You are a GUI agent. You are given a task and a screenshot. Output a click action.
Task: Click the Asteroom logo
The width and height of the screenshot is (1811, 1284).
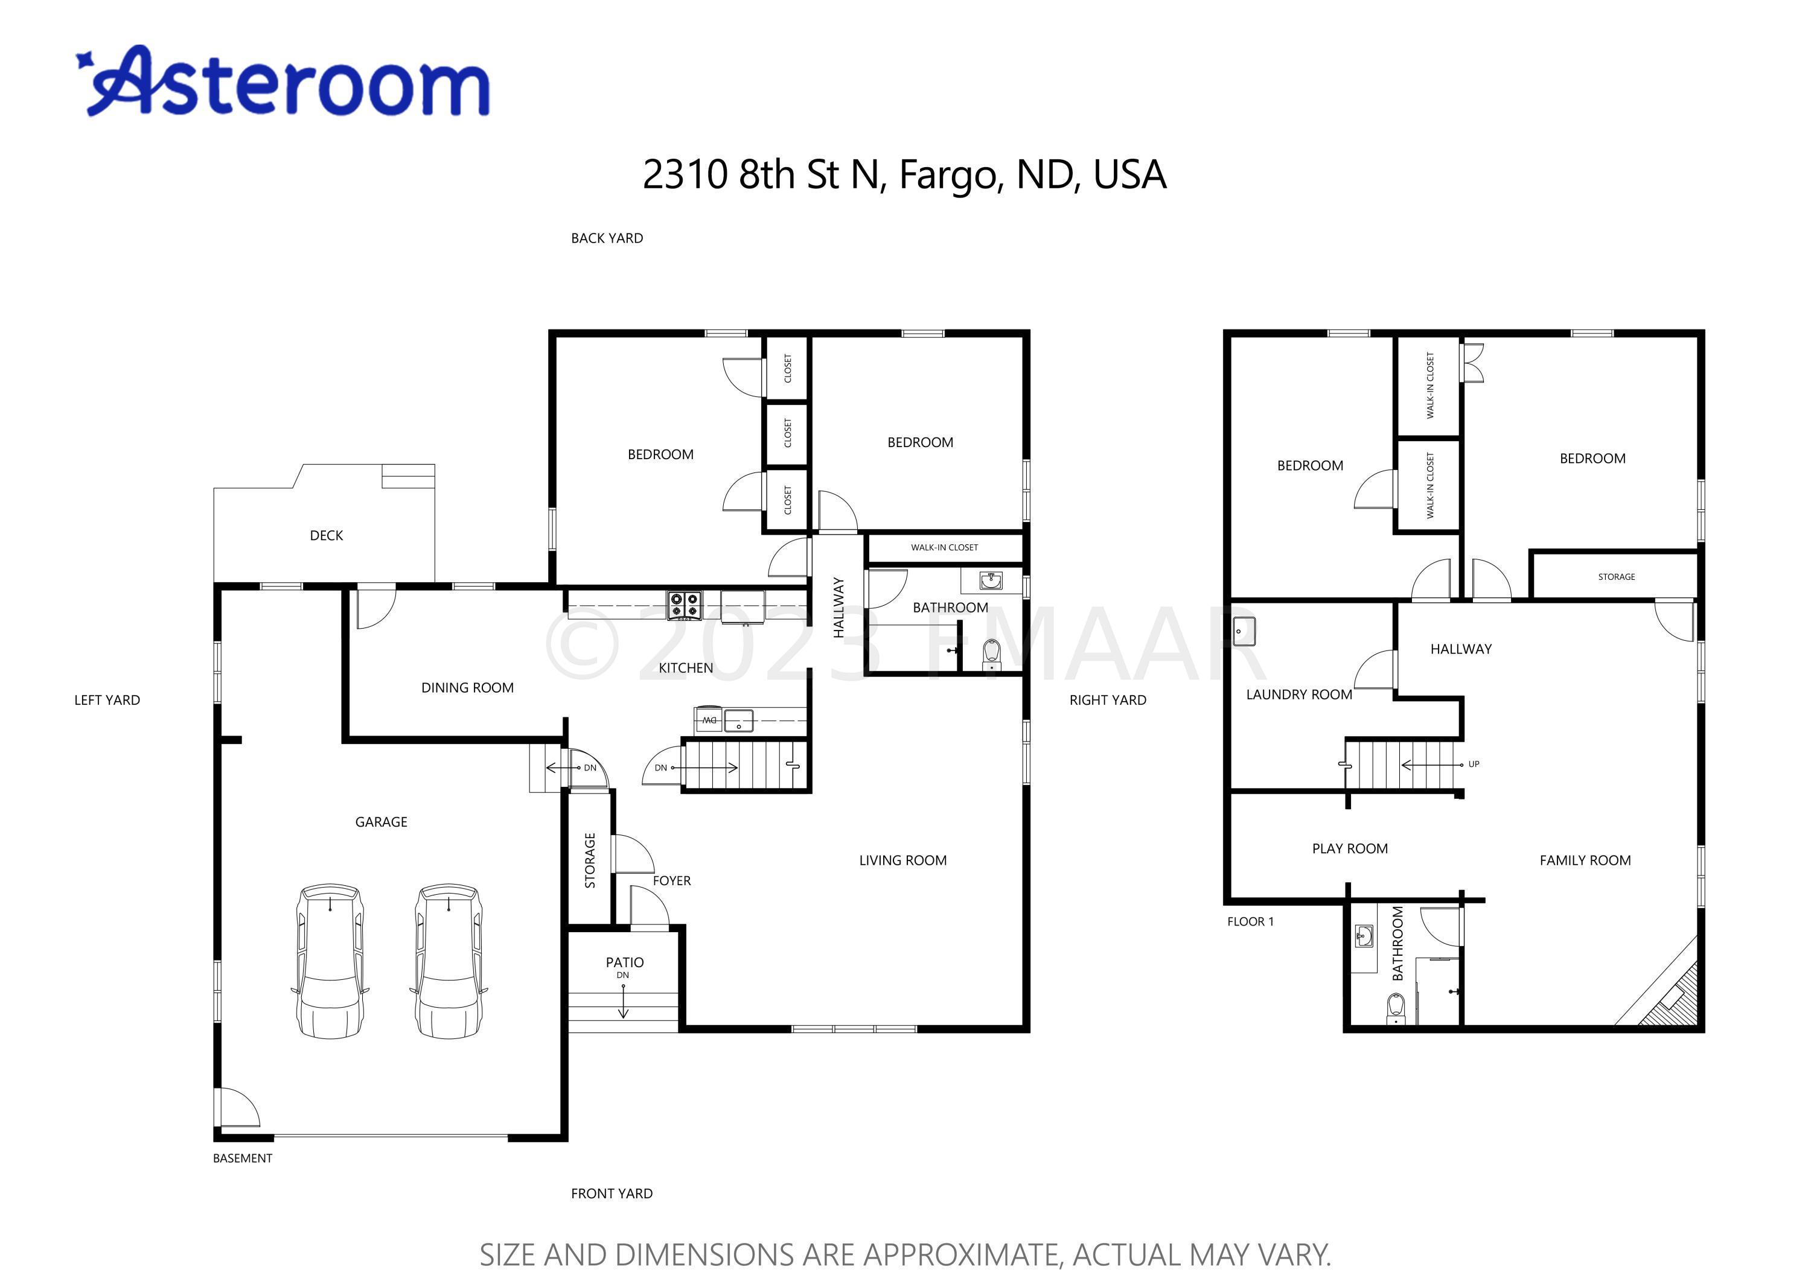[283, 81]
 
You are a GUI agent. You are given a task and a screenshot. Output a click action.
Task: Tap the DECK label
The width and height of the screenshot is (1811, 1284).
[327, 535]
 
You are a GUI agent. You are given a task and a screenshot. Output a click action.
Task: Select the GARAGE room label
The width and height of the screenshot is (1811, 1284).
[381, 821]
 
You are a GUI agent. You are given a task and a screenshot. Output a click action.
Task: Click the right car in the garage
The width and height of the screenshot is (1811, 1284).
[449, 960]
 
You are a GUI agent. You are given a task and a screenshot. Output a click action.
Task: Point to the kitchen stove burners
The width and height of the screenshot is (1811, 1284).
[685, 606]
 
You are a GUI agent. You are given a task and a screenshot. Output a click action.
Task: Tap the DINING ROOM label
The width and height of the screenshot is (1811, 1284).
[467, 688]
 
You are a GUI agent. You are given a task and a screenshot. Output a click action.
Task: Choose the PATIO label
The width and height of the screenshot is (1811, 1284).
[625, 962]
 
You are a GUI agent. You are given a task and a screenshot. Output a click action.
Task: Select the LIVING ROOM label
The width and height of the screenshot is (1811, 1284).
[903, 860]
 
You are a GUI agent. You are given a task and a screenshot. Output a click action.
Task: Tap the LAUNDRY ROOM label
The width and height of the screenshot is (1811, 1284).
[1299, 694]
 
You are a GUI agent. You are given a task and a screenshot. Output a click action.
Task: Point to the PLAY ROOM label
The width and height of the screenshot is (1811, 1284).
[1350, 848]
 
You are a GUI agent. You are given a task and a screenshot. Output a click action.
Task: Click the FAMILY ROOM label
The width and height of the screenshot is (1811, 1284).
[1585, 860]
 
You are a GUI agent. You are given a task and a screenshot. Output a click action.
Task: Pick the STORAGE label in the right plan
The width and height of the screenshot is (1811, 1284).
[1617, 576]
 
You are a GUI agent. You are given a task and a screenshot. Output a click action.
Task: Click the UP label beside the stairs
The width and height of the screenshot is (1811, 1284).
[1474, 764]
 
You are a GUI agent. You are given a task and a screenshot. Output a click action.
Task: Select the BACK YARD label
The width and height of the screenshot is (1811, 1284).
[607, 238]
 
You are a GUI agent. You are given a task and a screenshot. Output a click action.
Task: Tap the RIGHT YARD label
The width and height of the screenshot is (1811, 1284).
[1108, 700]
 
